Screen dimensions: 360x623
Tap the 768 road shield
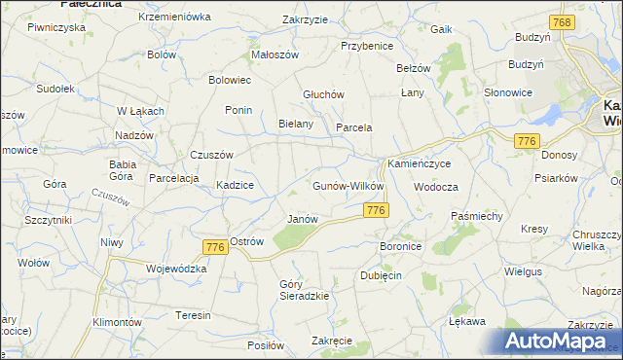tap(561, 22)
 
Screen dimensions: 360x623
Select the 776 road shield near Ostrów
tap(215, 248)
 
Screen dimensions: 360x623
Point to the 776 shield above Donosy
tap(528, 142)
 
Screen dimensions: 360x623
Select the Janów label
tap(303, 219)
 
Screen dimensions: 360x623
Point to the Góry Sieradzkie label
tap(303, 289)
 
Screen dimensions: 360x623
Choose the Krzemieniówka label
tap(174, 18)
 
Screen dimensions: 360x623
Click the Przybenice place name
tap(366, 45)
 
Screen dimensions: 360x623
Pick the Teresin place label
tap(193, 316)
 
